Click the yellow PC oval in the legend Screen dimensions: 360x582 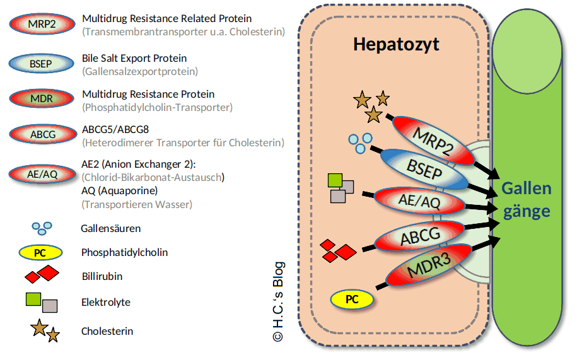(40, 253)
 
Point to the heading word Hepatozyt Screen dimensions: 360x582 (396, 45)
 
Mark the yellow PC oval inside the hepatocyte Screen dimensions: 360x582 (352, 299)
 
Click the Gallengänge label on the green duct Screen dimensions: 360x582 (527, 199)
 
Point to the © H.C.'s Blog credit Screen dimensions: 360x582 (277, 302)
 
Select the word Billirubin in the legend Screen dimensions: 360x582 (102, 276)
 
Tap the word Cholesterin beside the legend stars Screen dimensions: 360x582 (107, 331)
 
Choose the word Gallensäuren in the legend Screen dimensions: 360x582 (111, 228)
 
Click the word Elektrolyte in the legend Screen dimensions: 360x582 (106, 302)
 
